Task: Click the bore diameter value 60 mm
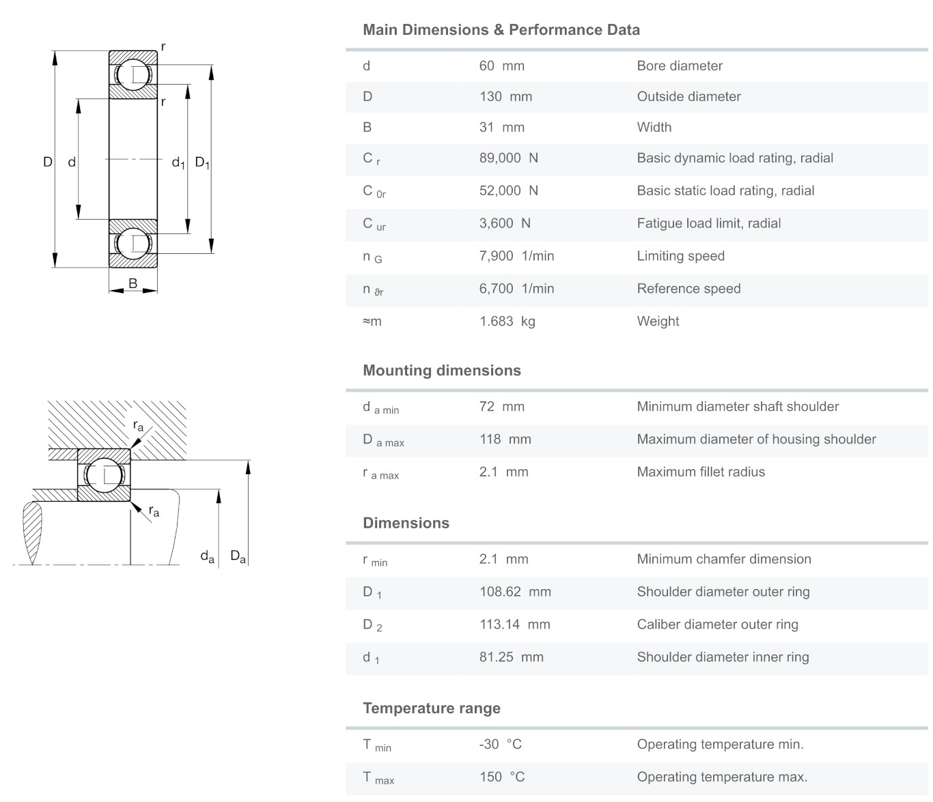pos(501,66)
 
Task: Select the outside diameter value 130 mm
pos(505,96)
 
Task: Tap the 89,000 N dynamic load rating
pos(508,158)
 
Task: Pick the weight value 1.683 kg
pos(507,321)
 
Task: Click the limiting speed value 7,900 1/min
pos(516,256)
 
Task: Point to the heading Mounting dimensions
pos(441,371)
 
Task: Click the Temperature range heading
pos(432,708)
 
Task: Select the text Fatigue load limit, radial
pos(709,223)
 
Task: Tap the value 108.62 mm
pos(515,592)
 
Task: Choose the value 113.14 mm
pos(514,625)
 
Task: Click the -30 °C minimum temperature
pos(500,744)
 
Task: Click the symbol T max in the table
pos(378,778)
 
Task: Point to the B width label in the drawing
pos(133,283)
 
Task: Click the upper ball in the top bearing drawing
pos(133,74)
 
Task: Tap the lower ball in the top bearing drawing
pos(133,244)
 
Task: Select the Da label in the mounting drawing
pos(238,556)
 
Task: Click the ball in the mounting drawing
pos(105,476)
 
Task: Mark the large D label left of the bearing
pos(47,162)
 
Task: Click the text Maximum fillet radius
pos(701,472)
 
